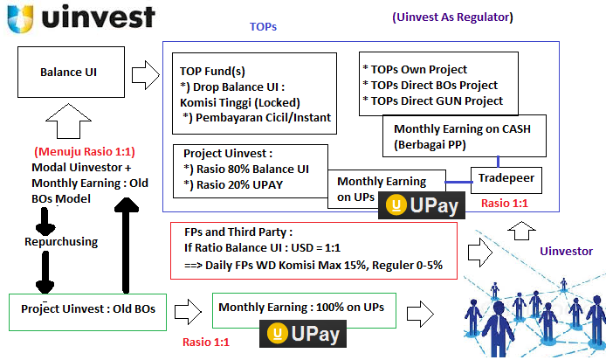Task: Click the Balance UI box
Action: coord(71,72)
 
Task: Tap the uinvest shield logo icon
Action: coord(20,18)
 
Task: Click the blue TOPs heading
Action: coord(263,27)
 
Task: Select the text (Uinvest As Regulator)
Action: coord(452,17)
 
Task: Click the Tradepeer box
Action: coord(506,180)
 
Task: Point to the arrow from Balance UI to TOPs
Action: coord(145,75)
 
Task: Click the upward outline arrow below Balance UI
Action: coord(68,121)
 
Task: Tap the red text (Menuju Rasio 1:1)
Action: coord(85,151)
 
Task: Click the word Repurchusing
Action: coord(61,242)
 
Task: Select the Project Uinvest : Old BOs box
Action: coord(87,312)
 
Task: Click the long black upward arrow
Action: coord(126,246)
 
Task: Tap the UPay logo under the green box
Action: coord(303,334)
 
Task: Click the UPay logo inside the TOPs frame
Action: coord(422,205)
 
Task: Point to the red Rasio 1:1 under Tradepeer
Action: coord(505,203)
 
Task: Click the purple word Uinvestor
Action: coord(566,252)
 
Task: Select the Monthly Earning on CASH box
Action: coord(465,135)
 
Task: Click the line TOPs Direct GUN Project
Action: coord(433,101)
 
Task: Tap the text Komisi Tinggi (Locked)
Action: coord(240,102)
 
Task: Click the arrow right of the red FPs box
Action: coord(480,253)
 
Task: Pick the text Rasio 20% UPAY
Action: coord(233,185)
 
